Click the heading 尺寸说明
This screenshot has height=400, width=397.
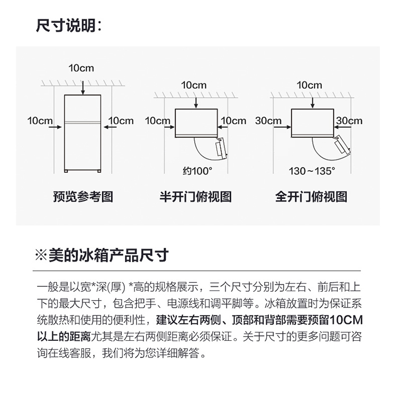pos(66,25)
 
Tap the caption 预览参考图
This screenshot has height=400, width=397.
pos(83,197)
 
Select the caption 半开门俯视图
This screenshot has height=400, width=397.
pos(196,197)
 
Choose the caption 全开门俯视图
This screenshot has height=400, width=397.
pos(311,197)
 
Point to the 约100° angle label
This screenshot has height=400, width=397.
pos(197,171)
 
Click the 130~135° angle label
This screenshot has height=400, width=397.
pos(312,171)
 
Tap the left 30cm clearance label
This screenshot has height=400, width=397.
pos(268,120)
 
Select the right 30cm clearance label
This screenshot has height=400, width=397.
pos(349,120)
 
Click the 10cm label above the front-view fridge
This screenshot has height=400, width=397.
pos(81,68)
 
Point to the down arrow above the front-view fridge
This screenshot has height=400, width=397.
pos(83,88)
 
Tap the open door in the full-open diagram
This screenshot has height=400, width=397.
pos(342,144)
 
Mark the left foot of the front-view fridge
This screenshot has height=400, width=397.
pos(66,171)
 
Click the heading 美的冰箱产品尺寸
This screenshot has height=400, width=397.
pos(109,255)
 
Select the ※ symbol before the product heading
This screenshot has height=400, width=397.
pos(41,255)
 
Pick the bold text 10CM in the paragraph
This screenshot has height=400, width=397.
pos(346,320)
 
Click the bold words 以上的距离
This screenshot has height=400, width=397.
pos(64,337)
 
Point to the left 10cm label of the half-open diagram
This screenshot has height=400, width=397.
pos(158,120)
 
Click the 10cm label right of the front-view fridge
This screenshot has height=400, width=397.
pos(121,120)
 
